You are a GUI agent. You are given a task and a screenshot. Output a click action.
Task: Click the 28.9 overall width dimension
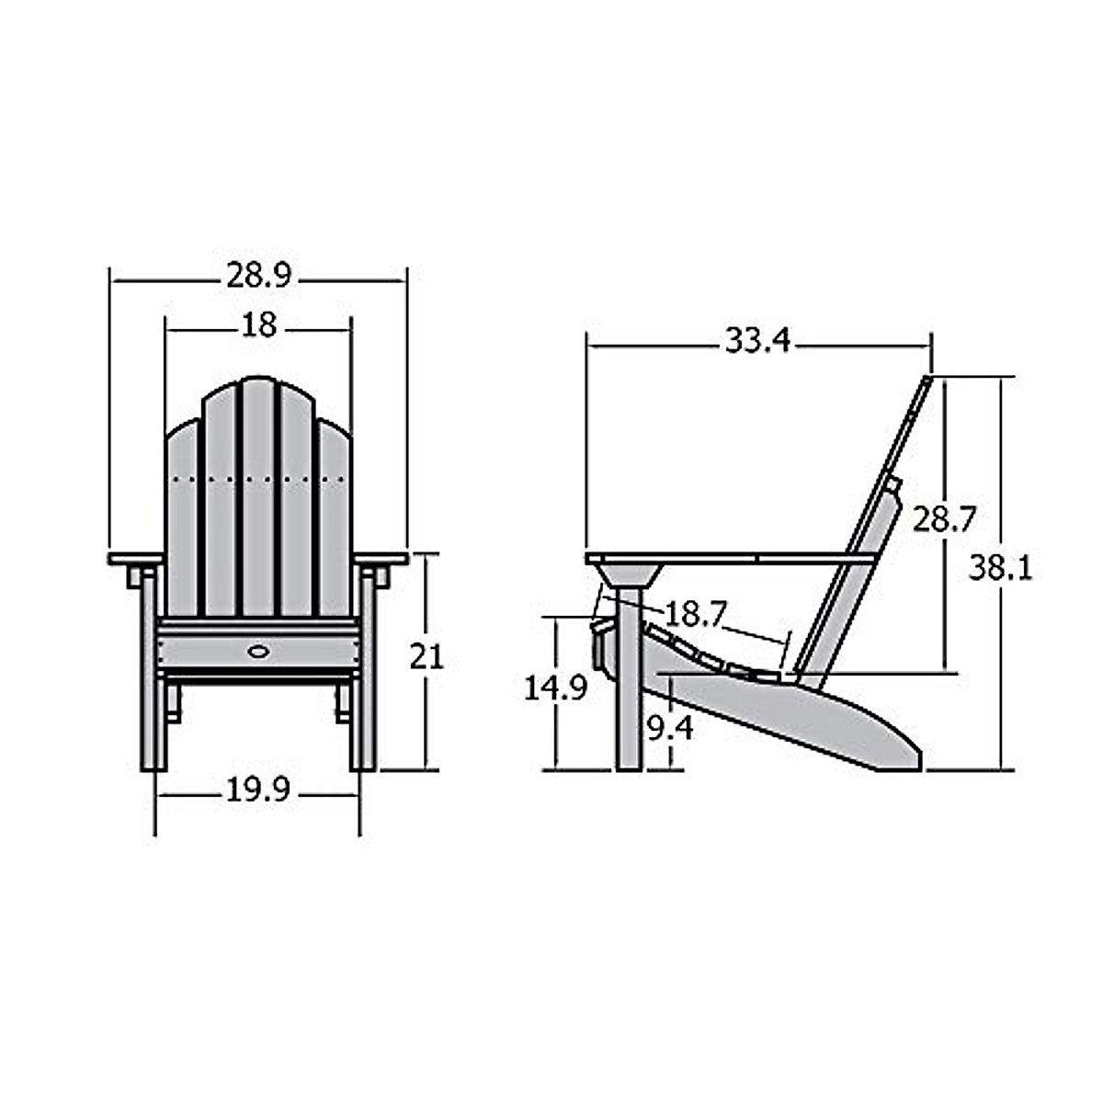pos(258,275)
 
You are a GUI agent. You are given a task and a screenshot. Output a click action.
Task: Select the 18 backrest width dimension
pos(258,325)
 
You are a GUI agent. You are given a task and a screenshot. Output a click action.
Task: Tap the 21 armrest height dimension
pos(426,656)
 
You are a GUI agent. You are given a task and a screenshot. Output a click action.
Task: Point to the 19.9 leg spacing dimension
pos(258,790)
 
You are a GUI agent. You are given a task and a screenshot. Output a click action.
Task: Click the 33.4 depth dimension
pos(757,341)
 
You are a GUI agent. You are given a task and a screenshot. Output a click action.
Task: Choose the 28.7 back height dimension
pos(943,520)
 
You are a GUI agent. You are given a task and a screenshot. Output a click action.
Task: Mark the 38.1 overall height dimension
pos(1000,568)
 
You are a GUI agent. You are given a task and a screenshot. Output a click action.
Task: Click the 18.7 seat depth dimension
pos(696,613)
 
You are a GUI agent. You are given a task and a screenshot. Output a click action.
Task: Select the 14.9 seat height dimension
pos(555,688)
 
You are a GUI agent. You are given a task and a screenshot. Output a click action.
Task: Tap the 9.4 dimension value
pos(670,729)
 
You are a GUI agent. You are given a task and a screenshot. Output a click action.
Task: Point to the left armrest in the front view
pos(135,558)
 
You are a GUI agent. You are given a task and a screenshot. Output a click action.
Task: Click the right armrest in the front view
pos(381,558)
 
